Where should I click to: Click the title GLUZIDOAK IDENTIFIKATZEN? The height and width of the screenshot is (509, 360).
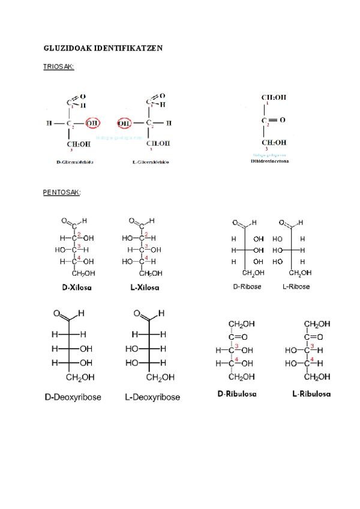point(103,47)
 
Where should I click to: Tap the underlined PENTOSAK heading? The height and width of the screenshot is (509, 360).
point(62,193)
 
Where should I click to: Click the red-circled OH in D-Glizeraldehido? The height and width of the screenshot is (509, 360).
point(92,124)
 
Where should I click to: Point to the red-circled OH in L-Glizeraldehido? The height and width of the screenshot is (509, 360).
point(125,124)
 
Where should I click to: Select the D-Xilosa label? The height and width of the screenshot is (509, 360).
point(77,288)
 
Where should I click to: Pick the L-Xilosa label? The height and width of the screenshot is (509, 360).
point(145,288)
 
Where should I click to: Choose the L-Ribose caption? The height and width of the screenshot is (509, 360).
point(296,287)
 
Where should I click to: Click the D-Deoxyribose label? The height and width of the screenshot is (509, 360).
point(73,397)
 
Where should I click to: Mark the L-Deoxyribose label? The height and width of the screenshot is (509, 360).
point(152,397)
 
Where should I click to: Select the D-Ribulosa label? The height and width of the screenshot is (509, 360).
point(237,394)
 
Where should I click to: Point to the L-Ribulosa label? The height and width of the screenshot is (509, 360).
point(311,394)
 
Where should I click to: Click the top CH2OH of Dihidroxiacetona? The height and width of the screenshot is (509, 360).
point(274,97)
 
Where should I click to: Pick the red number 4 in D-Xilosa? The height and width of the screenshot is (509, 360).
point(79,258)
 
